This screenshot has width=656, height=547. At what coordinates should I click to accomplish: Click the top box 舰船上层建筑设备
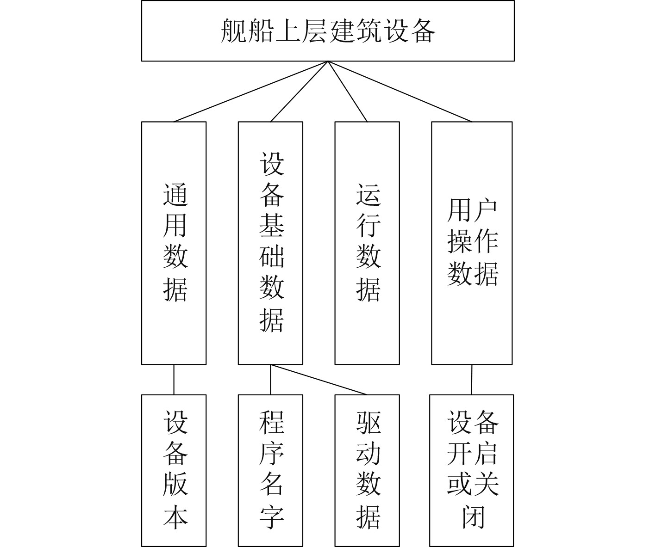coord(327,31)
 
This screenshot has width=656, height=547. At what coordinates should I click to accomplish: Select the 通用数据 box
coord(174,243)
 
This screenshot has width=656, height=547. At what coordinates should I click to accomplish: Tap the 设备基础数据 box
coord(270,243)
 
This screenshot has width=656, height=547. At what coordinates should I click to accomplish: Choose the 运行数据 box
coord(367,243)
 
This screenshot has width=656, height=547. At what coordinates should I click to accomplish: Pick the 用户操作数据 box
coord(472,243)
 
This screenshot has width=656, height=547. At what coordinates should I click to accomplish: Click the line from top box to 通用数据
coord(251,92)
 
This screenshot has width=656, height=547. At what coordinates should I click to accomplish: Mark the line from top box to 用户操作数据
coord(400,92)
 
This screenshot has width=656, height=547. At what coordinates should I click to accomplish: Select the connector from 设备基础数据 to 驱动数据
coord(319,380)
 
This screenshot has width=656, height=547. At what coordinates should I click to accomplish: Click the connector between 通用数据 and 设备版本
coord(174,380)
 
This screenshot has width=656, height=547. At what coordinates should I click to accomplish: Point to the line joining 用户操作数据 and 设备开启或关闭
coord(472,380)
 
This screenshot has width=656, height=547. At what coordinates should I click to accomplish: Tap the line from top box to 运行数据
coord(347,92)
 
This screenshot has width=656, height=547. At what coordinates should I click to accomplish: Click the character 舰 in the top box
coord(234,31)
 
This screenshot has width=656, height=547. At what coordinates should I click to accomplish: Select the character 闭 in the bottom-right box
coord(473,517)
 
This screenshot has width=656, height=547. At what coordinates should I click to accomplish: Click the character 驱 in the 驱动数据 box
coord(369,422)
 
